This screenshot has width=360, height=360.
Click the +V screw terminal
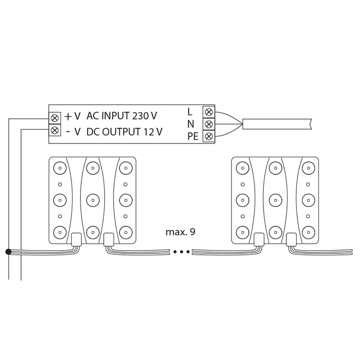tap(55, 118)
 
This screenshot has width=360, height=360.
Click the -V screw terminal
tap(55, 130)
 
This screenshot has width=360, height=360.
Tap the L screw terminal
tap(209, 112)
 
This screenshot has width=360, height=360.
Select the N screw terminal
tap(209, 124)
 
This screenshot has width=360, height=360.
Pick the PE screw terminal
tap(209, 137)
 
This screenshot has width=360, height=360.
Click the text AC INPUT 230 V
tap(122, 116)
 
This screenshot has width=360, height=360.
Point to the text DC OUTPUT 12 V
tap(124, 132)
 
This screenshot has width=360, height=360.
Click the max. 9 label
tap(180, 232)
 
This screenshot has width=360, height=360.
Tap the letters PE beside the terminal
tap(193, 137)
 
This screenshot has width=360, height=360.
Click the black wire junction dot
tap(8, 252)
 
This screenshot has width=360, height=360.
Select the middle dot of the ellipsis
tap(181, 252)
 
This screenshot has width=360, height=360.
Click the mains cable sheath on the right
tap(277, 124)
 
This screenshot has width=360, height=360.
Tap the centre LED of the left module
tap(93, 200)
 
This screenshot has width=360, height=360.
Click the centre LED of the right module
tap(275, 200)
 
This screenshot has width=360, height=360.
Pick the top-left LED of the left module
tap(60, 168)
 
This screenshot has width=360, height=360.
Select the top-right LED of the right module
tap(309, 168)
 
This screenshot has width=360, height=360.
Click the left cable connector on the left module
tap(76, 239)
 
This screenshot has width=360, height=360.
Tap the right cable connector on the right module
tap(292, 239)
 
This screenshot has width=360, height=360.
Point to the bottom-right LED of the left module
tap(126, 232)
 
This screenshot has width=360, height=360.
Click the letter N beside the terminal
tap(191, 124)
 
